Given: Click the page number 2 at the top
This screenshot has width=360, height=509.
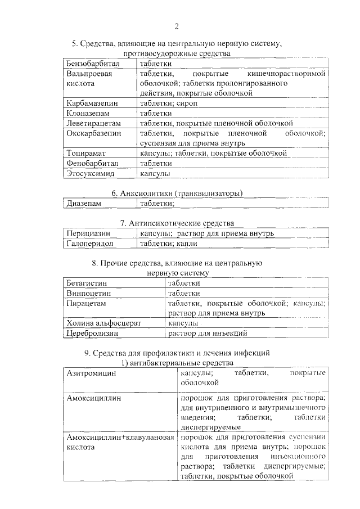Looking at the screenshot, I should tap(176, 26).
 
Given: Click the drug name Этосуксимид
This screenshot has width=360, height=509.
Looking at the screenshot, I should tap(90, 173).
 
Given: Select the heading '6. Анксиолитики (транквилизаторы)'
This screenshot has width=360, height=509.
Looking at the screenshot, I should tap(177, 193).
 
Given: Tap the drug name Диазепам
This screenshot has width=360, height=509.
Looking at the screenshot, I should tap(84, 204).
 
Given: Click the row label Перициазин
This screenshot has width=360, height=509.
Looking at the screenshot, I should tap(88, 233).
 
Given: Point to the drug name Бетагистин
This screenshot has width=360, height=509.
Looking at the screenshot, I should tap(87, 283).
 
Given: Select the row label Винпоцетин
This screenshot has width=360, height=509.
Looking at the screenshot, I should tap(88, 293).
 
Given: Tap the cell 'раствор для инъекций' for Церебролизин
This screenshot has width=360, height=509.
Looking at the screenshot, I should tap(208, 334).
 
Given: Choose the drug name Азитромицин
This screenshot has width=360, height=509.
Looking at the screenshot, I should tap(91, 373).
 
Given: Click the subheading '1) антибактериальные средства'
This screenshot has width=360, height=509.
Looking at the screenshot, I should tap(177, 363).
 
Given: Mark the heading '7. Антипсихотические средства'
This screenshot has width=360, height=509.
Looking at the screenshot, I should tap(177, 223).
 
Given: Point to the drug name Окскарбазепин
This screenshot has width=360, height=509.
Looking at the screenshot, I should tap(93, 133).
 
